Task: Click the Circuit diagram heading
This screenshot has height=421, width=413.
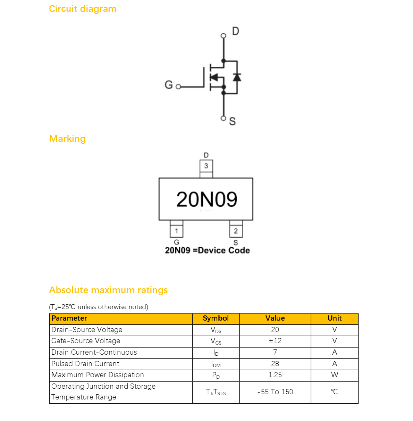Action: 83,9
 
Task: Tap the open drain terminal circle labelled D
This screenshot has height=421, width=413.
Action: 223,36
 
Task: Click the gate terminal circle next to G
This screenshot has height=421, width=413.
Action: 178,87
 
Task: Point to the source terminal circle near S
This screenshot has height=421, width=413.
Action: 223,118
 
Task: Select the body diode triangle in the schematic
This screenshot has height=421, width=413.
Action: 237,77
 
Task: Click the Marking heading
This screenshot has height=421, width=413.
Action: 67,139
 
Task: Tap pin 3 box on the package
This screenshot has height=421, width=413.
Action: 206,166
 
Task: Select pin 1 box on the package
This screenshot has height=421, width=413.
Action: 176,231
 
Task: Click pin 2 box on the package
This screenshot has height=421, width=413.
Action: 236,231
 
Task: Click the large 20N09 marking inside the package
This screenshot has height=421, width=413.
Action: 206,199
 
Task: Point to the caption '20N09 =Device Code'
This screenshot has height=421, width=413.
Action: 207,250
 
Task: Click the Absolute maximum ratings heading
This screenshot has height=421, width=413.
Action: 108,290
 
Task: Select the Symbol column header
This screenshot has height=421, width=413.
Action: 216,318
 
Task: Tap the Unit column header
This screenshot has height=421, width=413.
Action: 335,318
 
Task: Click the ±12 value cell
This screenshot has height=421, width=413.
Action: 275,341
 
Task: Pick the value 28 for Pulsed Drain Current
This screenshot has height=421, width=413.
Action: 275,364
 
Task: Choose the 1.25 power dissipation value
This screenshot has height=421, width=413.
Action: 275,375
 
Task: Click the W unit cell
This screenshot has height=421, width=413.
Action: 335,375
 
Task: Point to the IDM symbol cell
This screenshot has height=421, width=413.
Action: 216,364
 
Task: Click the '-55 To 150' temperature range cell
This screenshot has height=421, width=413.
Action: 275,392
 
